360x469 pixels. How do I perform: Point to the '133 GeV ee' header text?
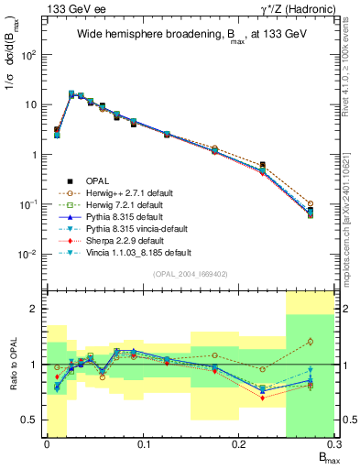pyautogui.click(x=72, y=8)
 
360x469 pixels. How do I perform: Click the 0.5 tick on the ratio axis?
pyautogui.click(x=33, y=420)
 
